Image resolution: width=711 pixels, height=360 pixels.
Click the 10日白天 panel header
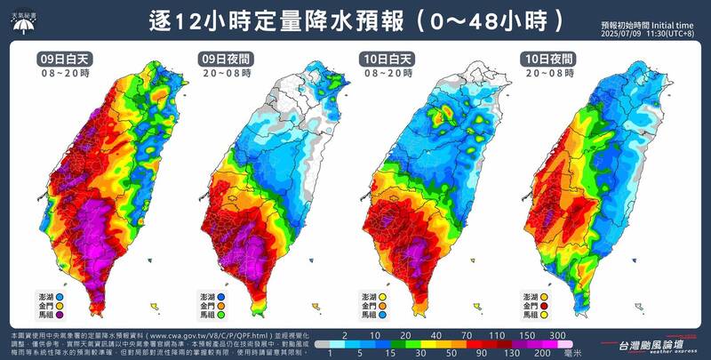click(x=387, y=60)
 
